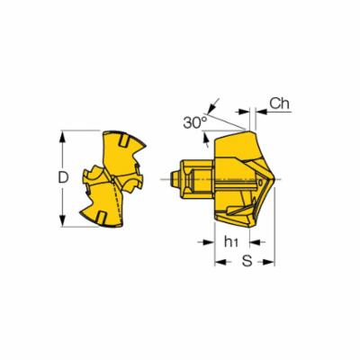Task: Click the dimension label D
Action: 63,177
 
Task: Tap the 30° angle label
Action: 195,122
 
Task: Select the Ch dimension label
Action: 279,103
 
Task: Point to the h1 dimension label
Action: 231,241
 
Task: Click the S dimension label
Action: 247,261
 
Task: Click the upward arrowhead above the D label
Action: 62,138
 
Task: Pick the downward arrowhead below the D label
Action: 62,220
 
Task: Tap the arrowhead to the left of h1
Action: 208,242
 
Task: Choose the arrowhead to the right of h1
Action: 256,242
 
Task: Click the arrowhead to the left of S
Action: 220,262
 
